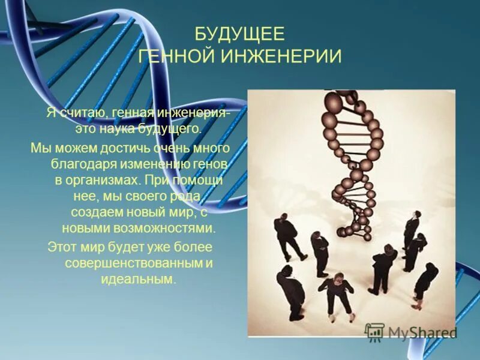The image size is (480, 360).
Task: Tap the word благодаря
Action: coord(77,164)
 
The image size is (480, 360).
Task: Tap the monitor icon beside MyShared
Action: coord(375,332)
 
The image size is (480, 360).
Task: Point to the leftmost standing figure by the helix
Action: coord(287,237)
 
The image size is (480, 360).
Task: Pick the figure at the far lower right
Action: coord(425,285)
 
